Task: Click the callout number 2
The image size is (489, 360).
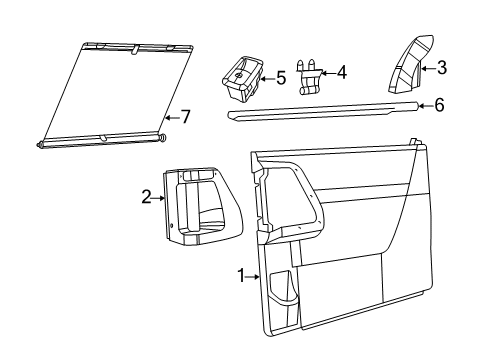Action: coord(147,197)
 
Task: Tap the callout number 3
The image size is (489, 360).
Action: coord(441,68)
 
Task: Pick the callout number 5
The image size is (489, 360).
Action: coord(282,76)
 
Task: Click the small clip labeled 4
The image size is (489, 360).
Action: coord(310,73)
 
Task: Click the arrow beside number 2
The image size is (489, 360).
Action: coord(159,197)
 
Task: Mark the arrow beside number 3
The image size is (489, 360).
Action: coord(428,68)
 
